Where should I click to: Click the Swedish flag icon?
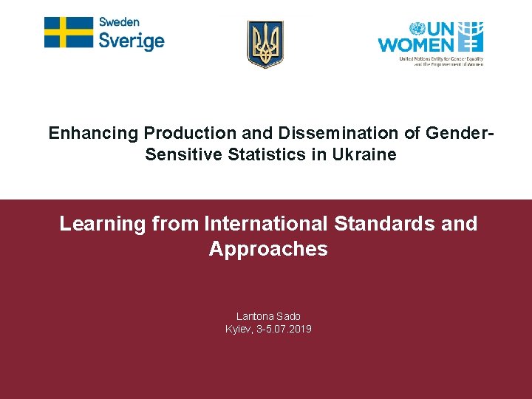tap(69, 32)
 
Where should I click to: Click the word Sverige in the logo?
tap(132, 40)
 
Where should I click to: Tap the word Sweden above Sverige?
tap(120, 21)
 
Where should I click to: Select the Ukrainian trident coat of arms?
tap(265, 44)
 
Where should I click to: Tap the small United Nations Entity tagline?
tap(440, 61)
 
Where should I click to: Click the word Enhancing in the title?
tap(93, 134)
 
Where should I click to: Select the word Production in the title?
tap(188, 134)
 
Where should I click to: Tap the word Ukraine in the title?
tap(365, 155)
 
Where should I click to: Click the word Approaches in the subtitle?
tap(268, 249)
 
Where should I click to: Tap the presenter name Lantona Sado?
tap(268, 316)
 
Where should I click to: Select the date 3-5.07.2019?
tap(284, 329)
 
